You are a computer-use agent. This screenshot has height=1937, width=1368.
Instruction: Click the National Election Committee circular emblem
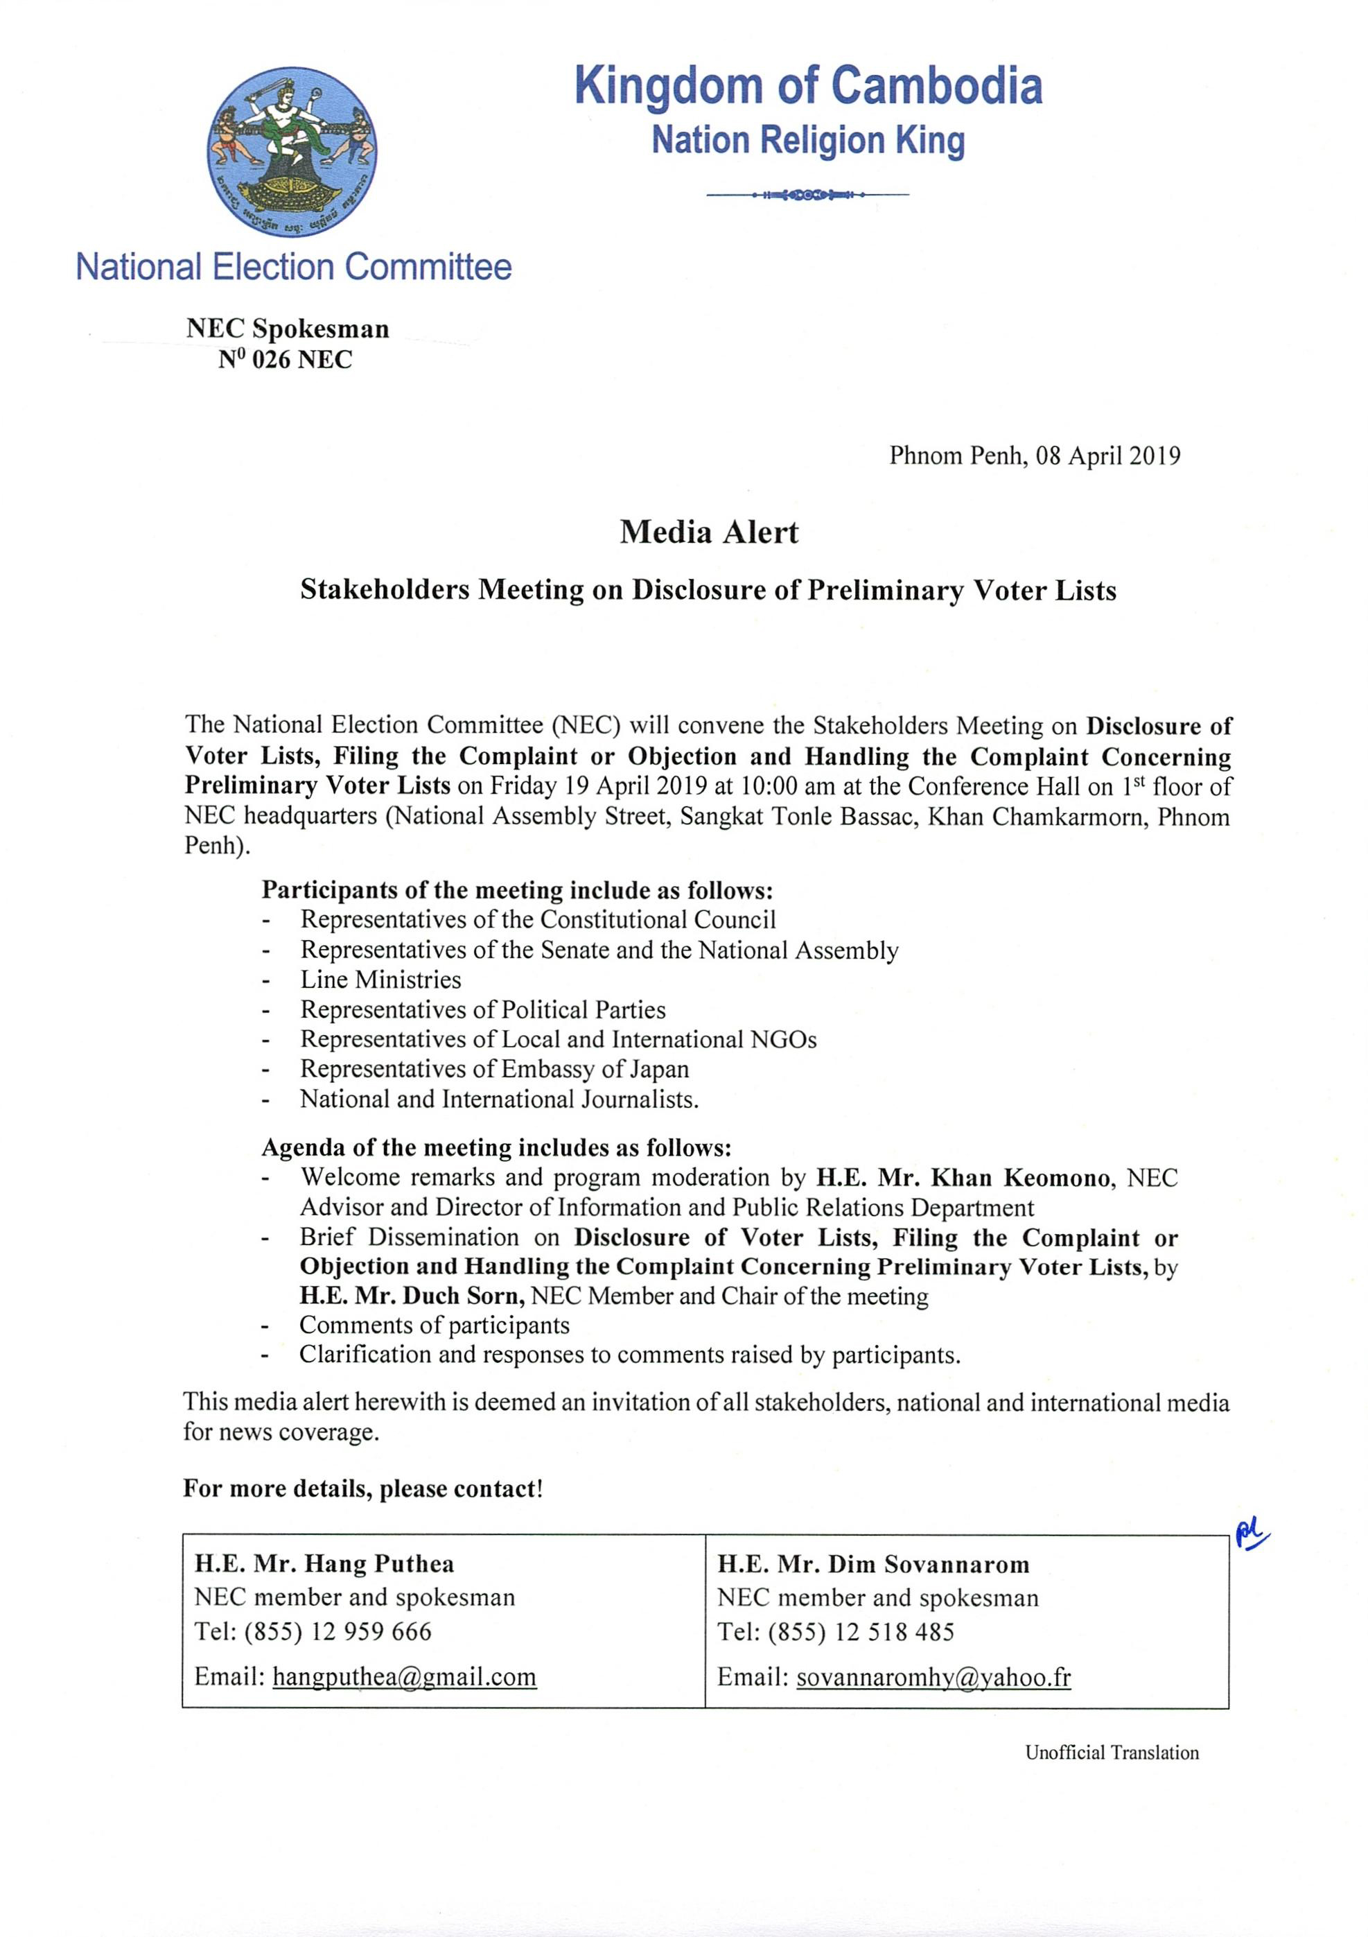pyautogui.click(x=292, y=153)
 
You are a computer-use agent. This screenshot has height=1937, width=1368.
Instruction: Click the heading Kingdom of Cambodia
pyautogui.click(x=808, y=86)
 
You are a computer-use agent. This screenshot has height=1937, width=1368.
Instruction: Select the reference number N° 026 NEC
pyautogui.click(x=285, y=361)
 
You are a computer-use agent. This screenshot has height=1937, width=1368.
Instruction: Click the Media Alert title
pyautogui.click(x=708, y=532)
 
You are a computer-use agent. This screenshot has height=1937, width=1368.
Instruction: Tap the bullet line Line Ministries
pyautogui.click(x=380, y=980)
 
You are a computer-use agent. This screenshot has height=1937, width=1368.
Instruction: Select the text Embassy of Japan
pyautogui.click(x=595, y=1069)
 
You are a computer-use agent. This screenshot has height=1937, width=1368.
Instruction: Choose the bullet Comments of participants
pyautogui.click(x=435, y=1326)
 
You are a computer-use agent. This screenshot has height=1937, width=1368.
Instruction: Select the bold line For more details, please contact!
pyautogui.click(x=362, y=1488)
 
